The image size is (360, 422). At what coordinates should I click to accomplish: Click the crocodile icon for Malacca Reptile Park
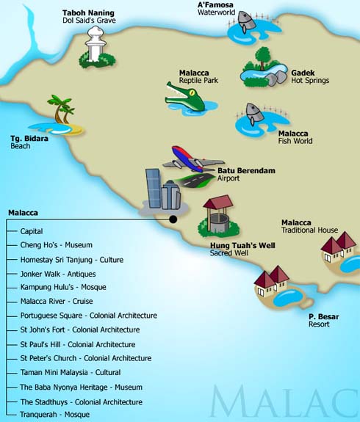pos(183,96)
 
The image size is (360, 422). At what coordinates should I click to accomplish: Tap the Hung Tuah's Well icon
pos(218,217)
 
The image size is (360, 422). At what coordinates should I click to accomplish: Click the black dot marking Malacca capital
pos(173,219)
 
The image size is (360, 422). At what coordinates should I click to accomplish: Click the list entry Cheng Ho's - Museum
pos(56,245)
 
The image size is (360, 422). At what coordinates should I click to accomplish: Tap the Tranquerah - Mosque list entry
pos(54,415)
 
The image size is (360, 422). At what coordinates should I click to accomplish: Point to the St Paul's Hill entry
pos(77,344)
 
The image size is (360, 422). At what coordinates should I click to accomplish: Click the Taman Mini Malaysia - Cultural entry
pos(81,373)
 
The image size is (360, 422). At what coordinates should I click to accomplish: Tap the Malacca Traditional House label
pos(309,226)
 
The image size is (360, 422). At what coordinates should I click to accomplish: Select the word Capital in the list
pos(32,231)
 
